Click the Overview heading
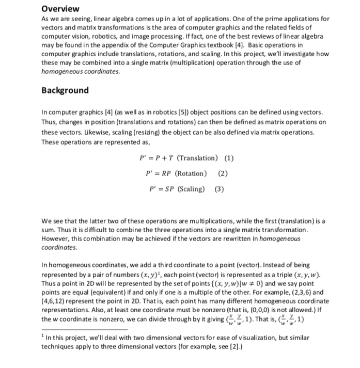pos(60,9)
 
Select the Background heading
pos(65,90)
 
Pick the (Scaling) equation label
pos(191,189)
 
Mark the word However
pos(55,239)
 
